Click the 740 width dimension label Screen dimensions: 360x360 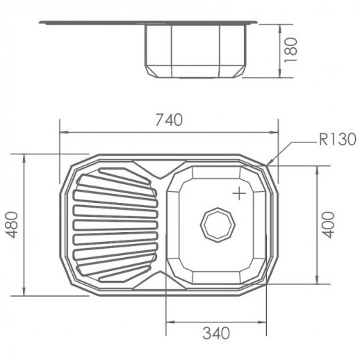tap(169, 120)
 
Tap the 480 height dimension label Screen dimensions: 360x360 tap(12, 225)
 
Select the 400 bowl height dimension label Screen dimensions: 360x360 tap(329, 225)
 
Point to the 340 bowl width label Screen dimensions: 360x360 tap(216, 333)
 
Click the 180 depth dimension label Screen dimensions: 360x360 tap(291, 50)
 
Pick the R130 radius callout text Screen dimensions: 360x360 tap(337, 140)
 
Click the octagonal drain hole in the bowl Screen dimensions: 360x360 tap(218, 224)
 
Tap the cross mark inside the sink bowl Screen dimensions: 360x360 tap(239, 193)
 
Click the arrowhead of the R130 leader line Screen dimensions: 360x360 tap(270, 162)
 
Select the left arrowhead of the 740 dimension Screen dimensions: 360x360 tap(64, 132)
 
